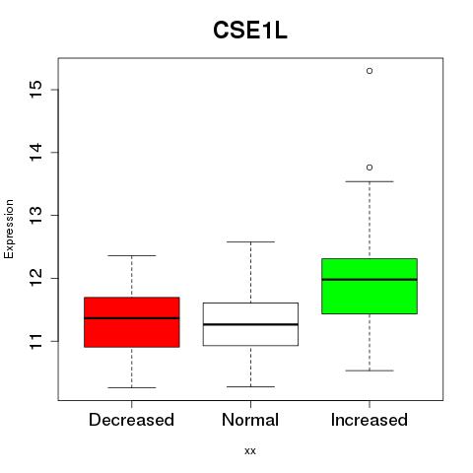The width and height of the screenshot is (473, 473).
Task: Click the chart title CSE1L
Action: coord(250,31)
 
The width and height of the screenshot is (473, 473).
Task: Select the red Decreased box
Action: coord(132,322)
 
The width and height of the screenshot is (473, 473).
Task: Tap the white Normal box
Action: coord(250,324)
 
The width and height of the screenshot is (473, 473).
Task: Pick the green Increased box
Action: coord(370,286)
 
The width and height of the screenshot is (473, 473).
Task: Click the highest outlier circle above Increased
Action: coord(370,71)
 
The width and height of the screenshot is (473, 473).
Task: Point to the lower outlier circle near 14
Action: coord(370,168)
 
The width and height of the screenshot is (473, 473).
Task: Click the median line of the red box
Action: coord(132,318)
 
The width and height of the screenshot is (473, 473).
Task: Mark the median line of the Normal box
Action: coord(250,324)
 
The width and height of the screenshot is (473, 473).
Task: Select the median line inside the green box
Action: coord(370,280)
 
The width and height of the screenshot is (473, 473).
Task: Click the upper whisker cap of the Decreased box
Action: coord(132,255)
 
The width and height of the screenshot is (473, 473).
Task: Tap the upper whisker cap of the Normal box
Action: coord(250,241)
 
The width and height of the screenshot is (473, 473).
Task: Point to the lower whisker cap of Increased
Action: coord(370,371)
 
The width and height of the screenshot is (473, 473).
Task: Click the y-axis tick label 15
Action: coord(36,90)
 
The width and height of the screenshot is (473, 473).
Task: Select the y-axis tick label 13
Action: coord(36,216)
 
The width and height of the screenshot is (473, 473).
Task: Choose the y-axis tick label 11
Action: coord(36,341)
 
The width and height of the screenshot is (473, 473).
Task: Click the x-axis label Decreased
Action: coord(131,420)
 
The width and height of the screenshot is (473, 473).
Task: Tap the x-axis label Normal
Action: coord(250,420)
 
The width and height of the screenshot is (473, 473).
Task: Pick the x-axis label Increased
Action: coord(370,420)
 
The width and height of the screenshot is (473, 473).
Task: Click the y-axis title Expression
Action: coord(9,229)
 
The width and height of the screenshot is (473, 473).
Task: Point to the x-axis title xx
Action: coord(250,451)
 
